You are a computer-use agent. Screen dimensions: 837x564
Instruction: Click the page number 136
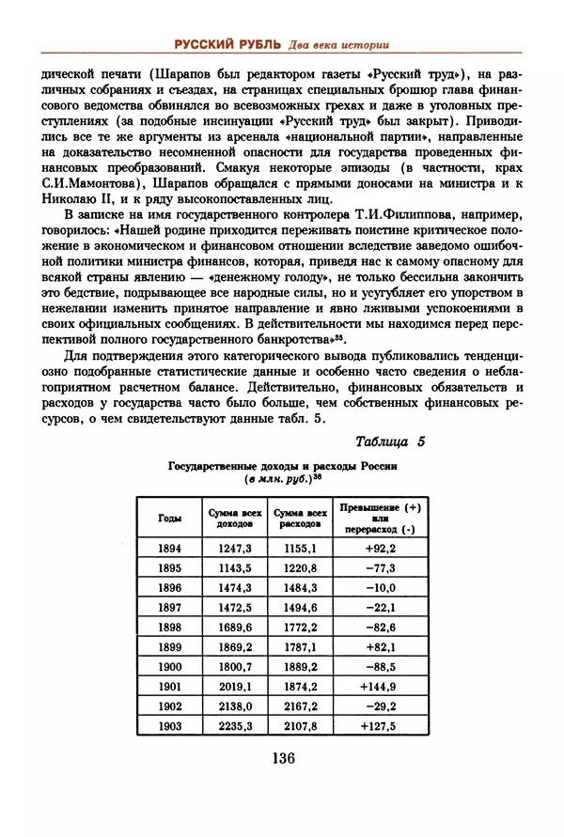(282, 760)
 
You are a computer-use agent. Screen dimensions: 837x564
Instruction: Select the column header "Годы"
(171, 518)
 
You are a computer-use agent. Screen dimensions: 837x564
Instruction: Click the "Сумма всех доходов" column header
(236, 518)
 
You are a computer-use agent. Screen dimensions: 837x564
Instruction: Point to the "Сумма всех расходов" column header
(300, 518)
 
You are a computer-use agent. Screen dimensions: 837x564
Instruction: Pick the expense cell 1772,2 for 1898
(300, 626)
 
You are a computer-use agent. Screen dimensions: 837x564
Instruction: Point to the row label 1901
(170, 685)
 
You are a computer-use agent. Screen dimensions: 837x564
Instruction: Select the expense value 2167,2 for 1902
(300, 705)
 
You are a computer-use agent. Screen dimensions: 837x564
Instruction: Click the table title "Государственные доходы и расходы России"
(282, 466)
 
